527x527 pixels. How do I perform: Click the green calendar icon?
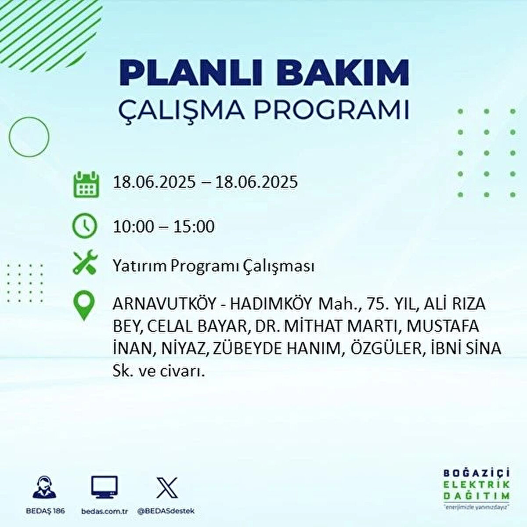pyautogui.click(x=87, y=184)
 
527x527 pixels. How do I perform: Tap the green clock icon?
pyautogui.click(x=84, y=226)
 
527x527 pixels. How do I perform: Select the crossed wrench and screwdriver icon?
pyautogui.click(x=85, y=262)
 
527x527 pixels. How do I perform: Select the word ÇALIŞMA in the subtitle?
pyautogui.click(x=182, y=110)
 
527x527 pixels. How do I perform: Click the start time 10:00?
pyautogui.click(x=134, y=227)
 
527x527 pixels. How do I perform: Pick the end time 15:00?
pyautogui.click(x=194, y=227)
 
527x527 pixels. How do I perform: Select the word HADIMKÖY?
pyautogui.click(x=271, y=303)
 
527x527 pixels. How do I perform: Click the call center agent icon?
pyautogui.click(x=44, y=487)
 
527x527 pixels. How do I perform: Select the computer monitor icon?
pyautogui.click(x=104, y=487)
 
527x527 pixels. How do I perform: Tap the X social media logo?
pyautogui.click(x=167, y=487)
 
